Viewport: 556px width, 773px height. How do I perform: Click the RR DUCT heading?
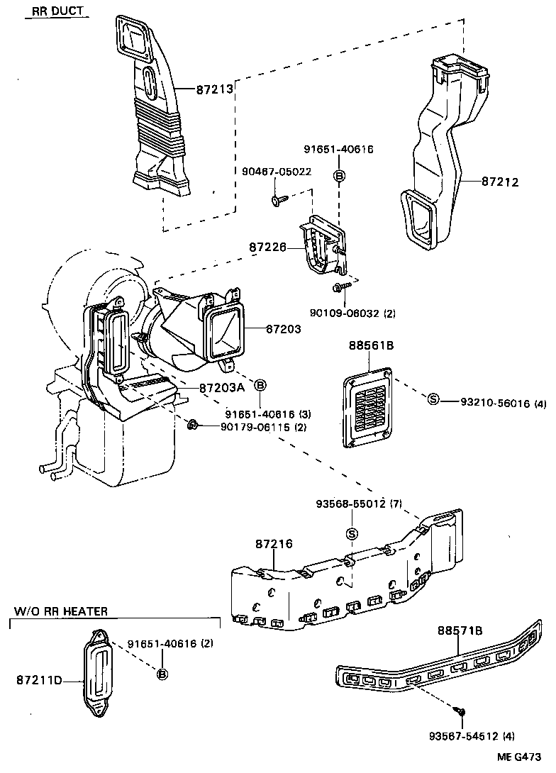click(56, 11)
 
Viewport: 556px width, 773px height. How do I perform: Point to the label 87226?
click(267, 248)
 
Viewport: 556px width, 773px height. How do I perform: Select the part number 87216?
click(274, 544)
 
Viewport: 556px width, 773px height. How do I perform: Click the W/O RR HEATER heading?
click(61, 611)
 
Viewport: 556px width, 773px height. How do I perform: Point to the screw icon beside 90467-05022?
click(277, 201)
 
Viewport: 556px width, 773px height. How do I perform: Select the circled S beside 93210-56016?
click(433, 401)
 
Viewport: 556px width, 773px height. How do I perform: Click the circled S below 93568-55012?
click(350, 533)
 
